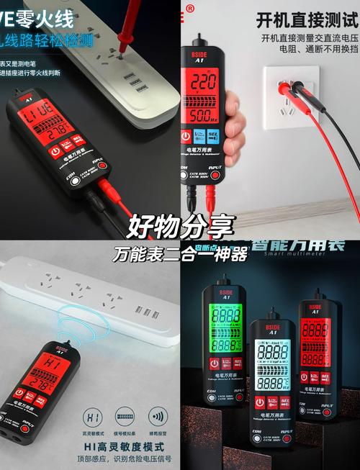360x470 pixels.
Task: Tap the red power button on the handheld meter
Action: click(x=186, y=137)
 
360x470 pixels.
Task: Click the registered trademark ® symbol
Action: click(x=190, y=9)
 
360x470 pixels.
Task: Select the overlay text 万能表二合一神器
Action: click(x=180, y=254)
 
